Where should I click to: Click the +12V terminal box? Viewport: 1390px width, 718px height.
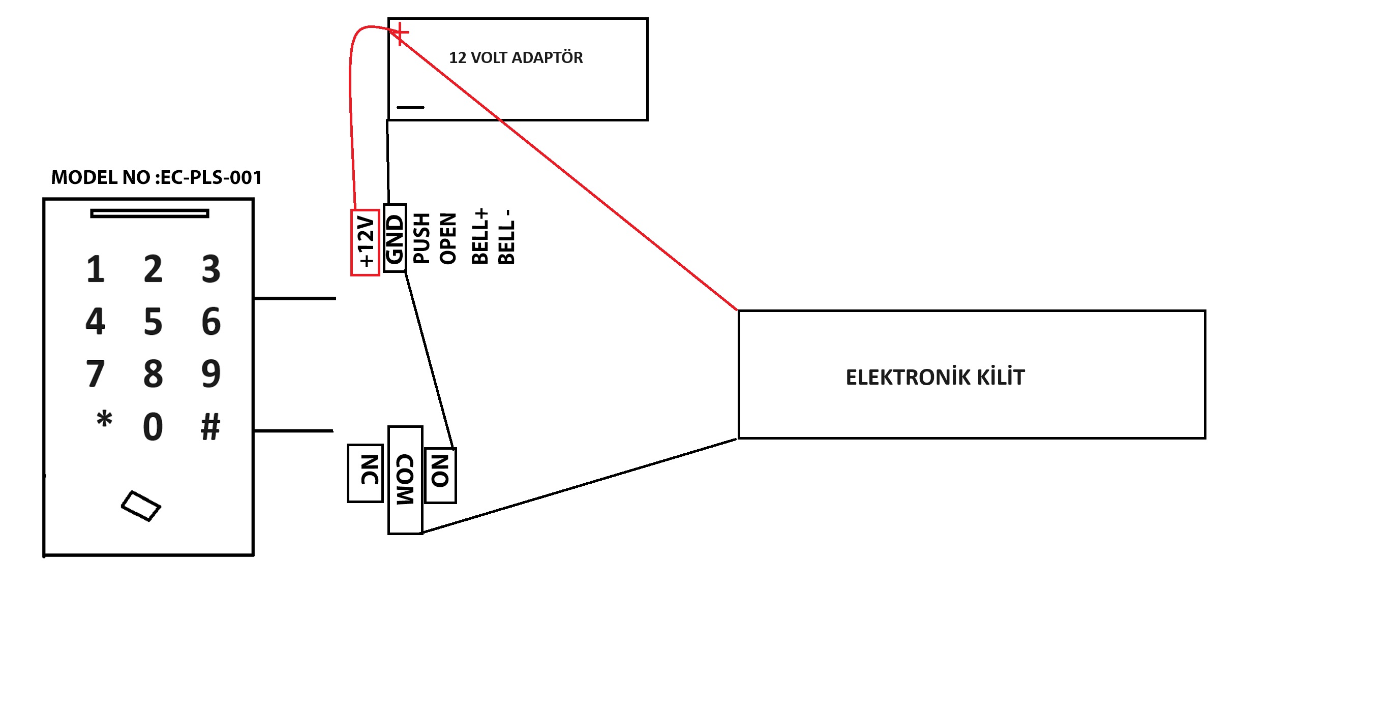[x=366, y=242]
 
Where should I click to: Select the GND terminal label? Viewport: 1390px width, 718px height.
[x=395, y=238]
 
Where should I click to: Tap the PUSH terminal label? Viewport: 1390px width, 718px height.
[x=421, y=238]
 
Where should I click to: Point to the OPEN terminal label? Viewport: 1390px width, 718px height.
[x=448, y=238]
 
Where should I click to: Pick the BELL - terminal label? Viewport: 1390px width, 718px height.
[x=506, y=237]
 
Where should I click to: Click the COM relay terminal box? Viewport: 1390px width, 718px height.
[x=405, y=480]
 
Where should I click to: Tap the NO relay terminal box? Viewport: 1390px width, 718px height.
[x=440, y=475]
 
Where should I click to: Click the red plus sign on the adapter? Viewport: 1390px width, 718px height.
[x=400, y=34]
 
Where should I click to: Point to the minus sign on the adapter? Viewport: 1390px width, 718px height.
[x=411, y=107]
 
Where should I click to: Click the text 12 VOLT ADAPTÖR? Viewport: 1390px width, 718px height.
[x=516, y=58]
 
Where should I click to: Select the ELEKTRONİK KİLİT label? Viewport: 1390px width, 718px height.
[x=934, y=377]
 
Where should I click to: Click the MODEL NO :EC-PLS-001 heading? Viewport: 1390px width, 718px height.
[x=157, y=177]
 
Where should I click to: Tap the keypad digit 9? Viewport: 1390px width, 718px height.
[x=211, y=373]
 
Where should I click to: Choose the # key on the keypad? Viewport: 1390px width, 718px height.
[x=210, y=427]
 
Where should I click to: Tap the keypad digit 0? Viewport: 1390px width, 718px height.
[x=153, y=427]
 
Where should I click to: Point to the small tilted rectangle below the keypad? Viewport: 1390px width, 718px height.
[x=141, y=506]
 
